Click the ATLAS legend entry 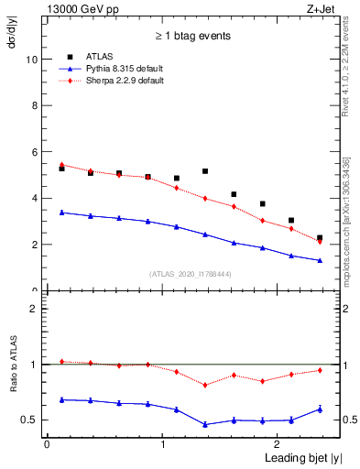click(100, 56)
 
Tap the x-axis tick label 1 click(163, 444)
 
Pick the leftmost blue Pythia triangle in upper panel click(61, 213)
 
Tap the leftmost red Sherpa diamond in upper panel click(61, 165)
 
